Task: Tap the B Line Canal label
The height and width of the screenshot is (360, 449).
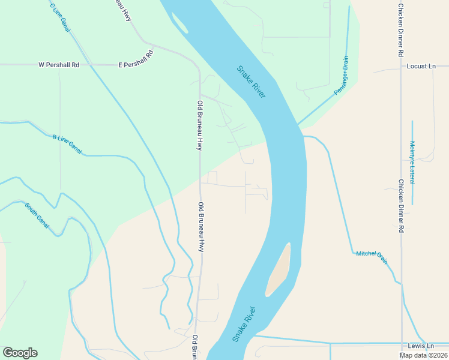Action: click(67, 145)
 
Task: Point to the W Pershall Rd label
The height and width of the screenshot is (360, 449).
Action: click(59, 64)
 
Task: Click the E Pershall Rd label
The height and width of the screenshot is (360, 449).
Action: click(136, 58)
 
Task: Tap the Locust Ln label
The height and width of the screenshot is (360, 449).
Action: click(421, 65)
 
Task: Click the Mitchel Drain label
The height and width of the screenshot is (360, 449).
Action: click(372, 256)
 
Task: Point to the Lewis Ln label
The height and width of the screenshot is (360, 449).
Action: click(420, 346)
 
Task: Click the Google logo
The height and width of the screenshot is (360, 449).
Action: click(20, 353)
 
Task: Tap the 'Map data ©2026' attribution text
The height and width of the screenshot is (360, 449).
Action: click(423, 355)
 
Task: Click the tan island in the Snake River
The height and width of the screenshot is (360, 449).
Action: click(278, 271)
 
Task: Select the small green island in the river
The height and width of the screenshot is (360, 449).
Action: click(178, 22)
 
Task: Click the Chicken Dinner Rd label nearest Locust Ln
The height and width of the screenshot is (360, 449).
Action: click(400, 30)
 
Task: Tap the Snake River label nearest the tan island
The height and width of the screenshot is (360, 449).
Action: click(245, 324)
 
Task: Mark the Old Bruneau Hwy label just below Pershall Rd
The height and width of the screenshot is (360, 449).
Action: click(200, 125)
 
